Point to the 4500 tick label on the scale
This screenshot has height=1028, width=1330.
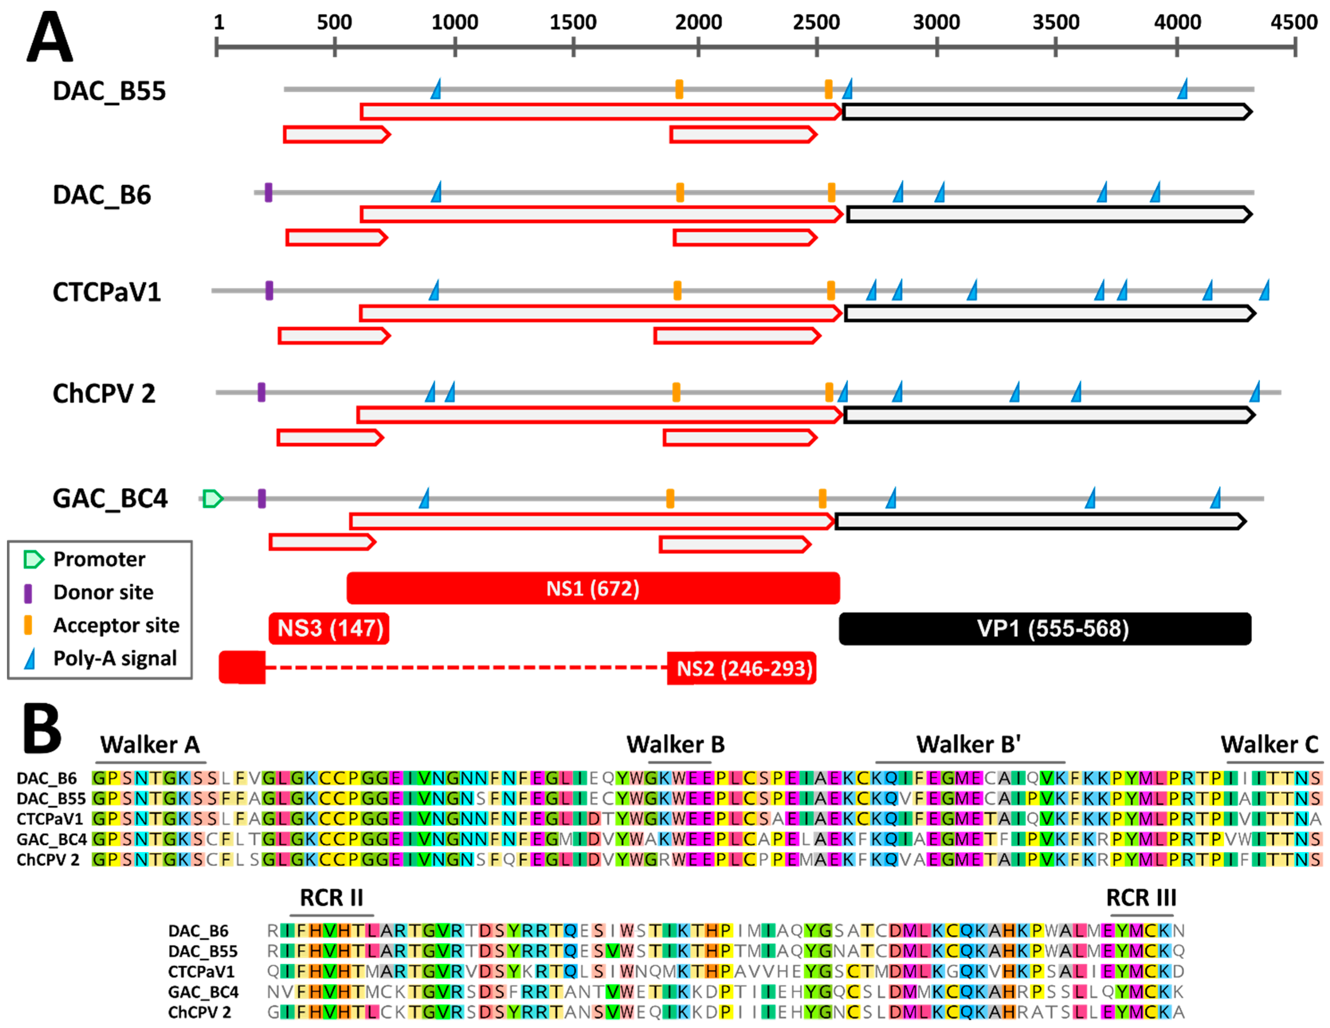(x=1293, y=23)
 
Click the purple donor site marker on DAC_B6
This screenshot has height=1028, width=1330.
(x=268, y=193)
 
